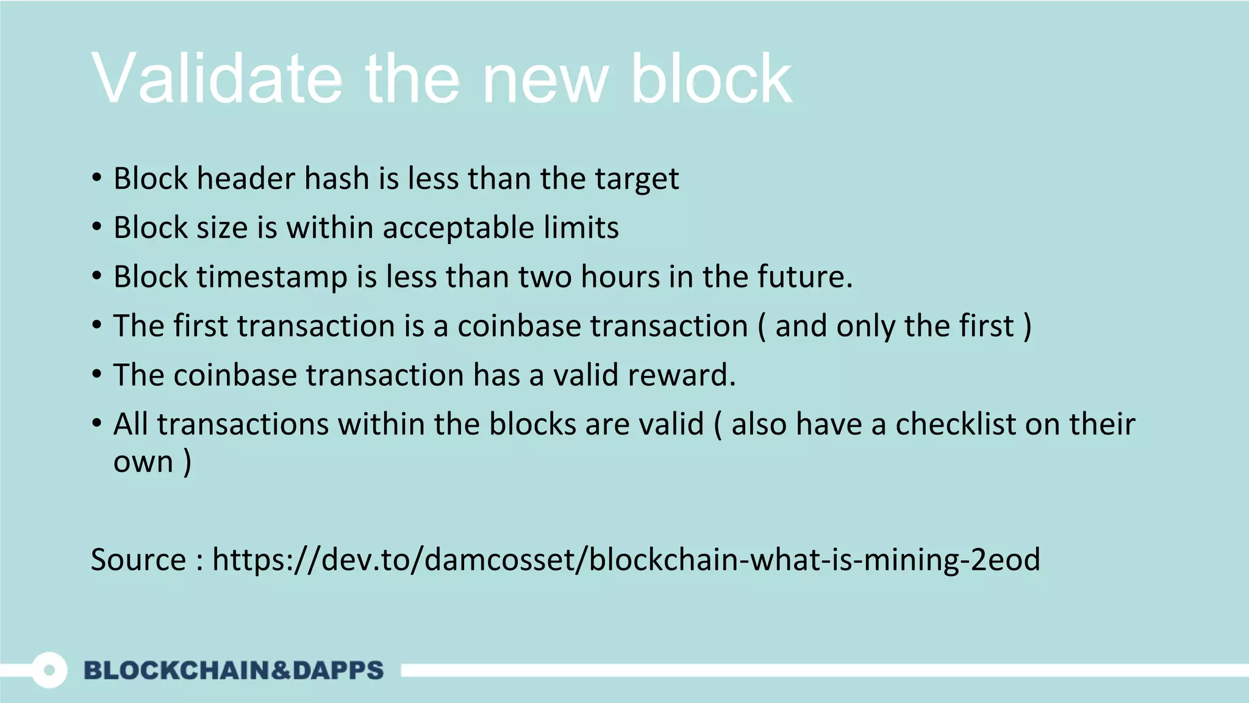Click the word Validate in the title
[217, 79]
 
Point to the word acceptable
[458, 228]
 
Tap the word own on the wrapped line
[143, 462]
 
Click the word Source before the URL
[138, 560]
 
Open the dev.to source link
[626, 560]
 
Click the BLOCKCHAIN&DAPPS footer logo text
[234, 670]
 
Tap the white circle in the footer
[49, 670]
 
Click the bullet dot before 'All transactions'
[97, 423]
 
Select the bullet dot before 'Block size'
[97, 227]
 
